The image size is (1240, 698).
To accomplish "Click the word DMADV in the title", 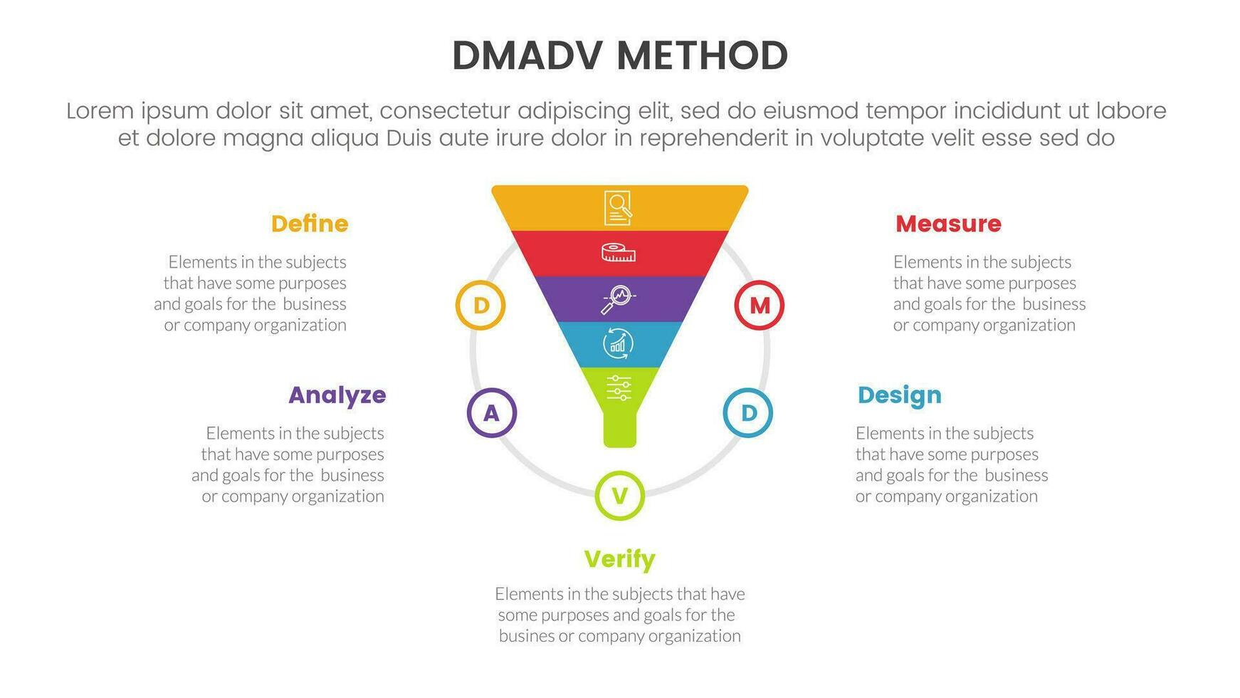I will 527,56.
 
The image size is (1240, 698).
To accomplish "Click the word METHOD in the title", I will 702,56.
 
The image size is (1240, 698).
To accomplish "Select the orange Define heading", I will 310,224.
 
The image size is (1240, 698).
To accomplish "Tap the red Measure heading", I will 948,224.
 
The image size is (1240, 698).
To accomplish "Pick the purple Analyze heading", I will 337,395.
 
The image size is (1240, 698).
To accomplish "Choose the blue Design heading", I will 899,395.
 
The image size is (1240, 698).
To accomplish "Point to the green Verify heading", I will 619,559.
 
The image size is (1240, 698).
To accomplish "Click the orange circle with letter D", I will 480,306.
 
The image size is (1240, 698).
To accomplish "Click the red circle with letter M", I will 759,306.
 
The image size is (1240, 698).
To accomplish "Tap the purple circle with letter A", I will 491,412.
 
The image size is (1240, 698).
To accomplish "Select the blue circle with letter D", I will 748,412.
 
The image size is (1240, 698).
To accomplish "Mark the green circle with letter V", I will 619,496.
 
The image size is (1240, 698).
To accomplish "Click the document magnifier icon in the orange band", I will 618,207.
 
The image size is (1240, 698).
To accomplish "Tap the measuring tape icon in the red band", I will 618,252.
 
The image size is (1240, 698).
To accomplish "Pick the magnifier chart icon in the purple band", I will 618,298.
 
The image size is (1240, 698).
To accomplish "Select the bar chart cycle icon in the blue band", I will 618,343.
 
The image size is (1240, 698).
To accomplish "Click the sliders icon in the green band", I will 618,388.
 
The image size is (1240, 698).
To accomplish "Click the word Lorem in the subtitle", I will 100,111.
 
